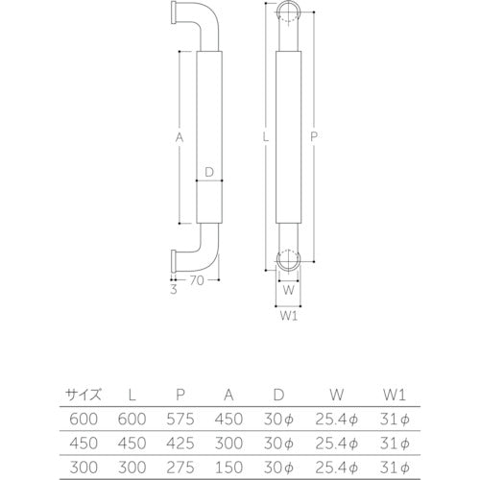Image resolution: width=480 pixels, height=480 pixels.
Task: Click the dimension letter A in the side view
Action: click(x=179, y=137)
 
